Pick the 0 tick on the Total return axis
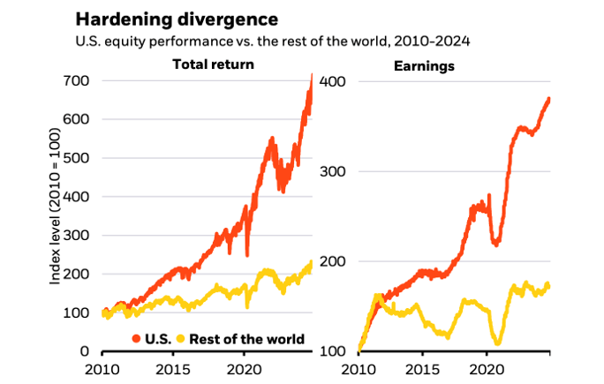click(84, 351)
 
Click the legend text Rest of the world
click(246, 339)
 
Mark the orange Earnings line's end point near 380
click(549, 99)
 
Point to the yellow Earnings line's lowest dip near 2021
click(499, 343)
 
